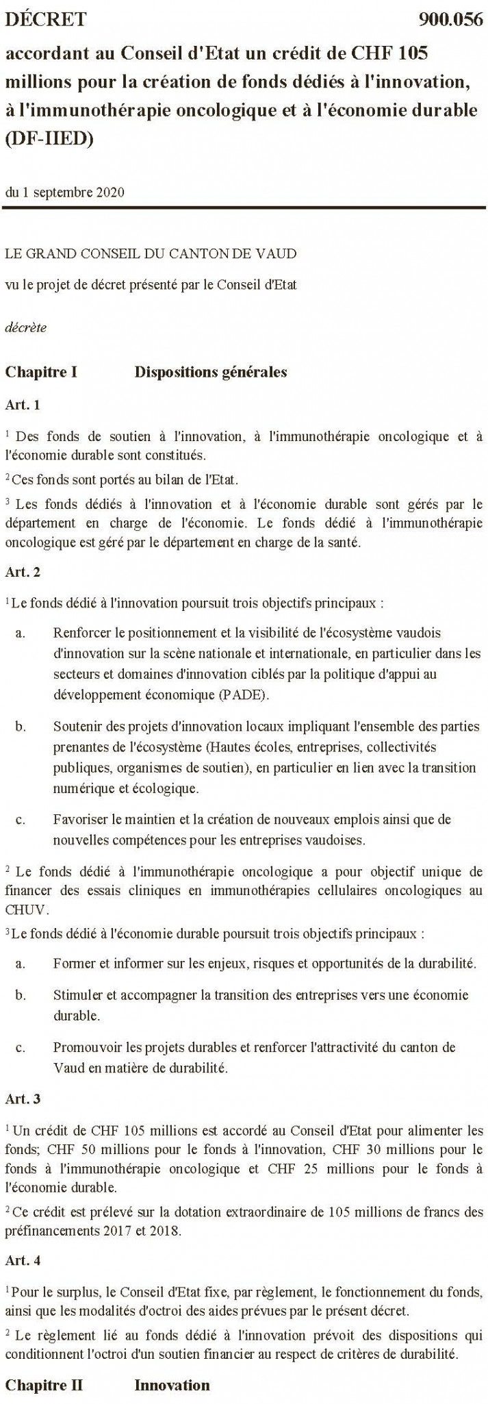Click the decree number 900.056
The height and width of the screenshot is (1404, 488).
click(450, 19)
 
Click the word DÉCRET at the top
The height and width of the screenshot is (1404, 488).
click(46, 19)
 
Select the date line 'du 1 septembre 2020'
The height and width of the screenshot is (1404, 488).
click(64, 192)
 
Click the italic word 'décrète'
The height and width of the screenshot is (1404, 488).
click(26, 327)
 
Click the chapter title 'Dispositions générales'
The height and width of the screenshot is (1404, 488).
click(210, 373)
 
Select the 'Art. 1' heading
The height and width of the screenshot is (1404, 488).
click(23, 405)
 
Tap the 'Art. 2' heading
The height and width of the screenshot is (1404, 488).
click(23, 570)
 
